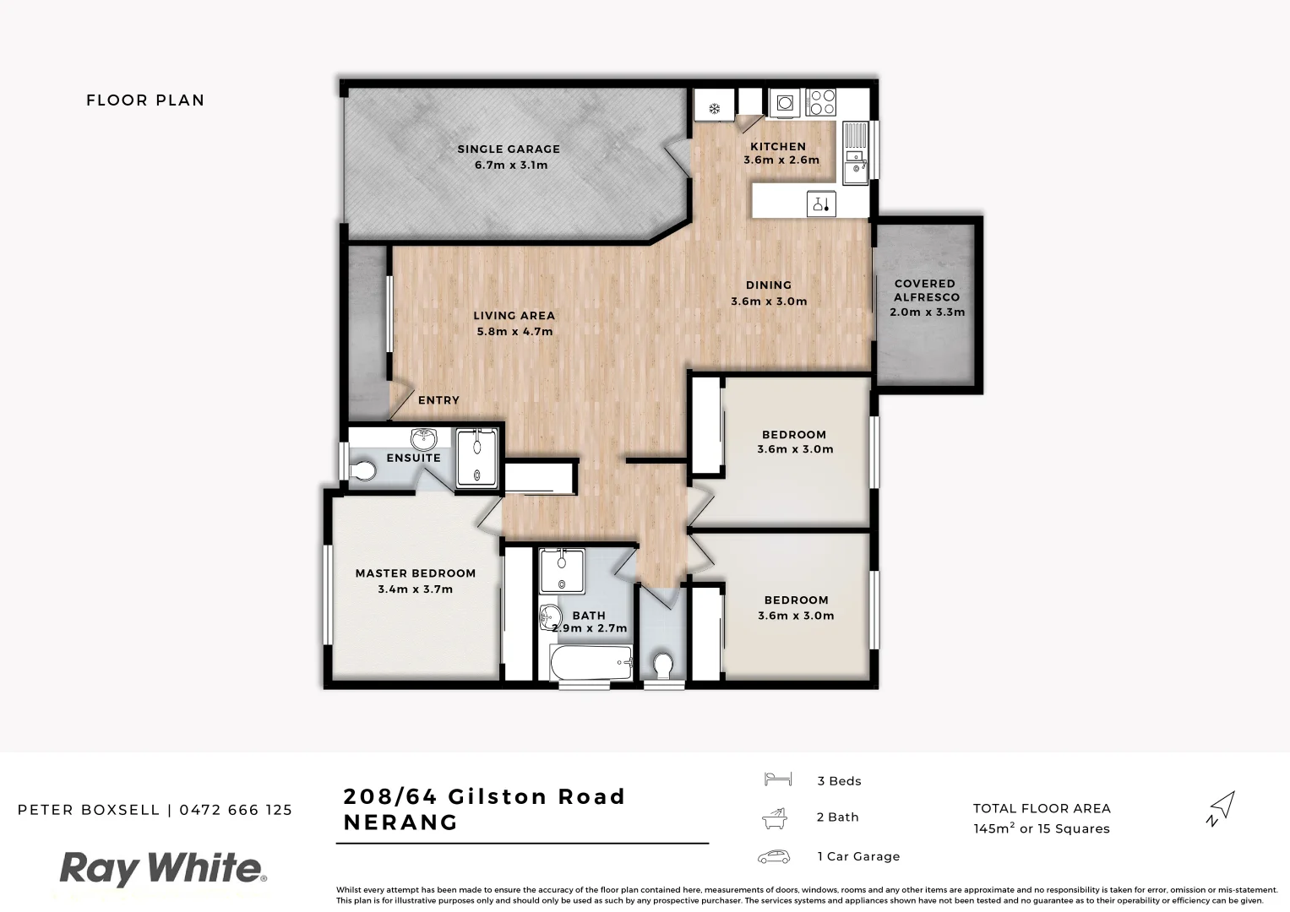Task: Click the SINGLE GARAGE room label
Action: [509, 149]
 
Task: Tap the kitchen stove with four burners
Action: [821, 102]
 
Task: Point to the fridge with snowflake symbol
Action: [714, 107]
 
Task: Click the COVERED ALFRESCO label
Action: [925, 290]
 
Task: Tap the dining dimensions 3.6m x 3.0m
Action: [769, 301]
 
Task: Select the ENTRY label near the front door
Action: [438, 400]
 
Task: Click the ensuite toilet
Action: [362, 470]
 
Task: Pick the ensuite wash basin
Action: [423, 439]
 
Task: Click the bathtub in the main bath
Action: [591, 664]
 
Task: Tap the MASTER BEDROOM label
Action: [416, 573]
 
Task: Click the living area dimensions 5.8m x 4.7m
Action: [514, 332]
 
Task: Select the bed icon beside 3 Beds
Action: [776, 779]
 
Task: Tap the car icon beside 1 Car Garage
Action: [774, 856]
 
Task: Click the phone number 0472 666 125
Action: [236, 810]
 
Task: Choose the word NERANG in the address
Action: [400, 822]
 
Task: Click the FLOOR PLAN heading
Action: [145, 100]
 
